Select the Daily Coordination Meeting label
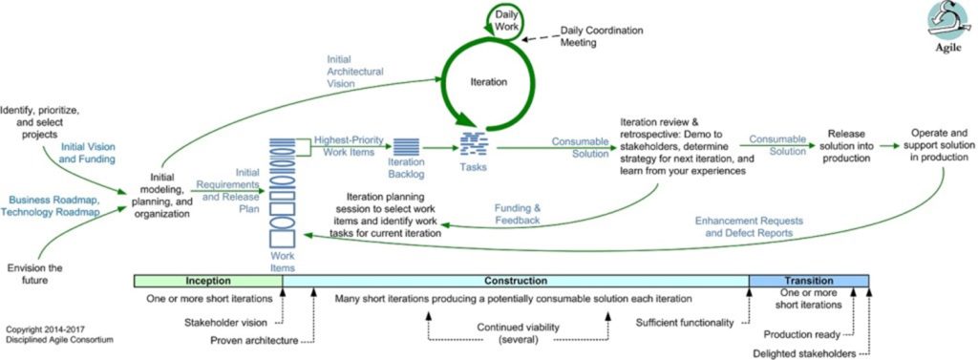(602, 36)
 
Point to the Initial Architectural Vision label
(355, 71)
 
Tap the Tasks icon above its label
(474, 145)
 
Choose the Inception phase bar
(208, 282)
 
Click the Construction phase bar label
(515, 282)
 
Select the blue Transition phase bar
(808, 282)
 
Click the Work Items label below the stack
(283, 262)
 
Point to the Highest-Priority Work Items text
(349, 146)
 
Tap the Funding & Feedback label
(517, 213)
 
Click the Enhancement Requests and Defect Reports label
(749, 227)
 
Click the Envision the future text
(35, 274)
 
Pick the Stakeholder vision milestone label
(225, 323)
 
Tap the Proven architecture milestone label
(253, 340)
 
